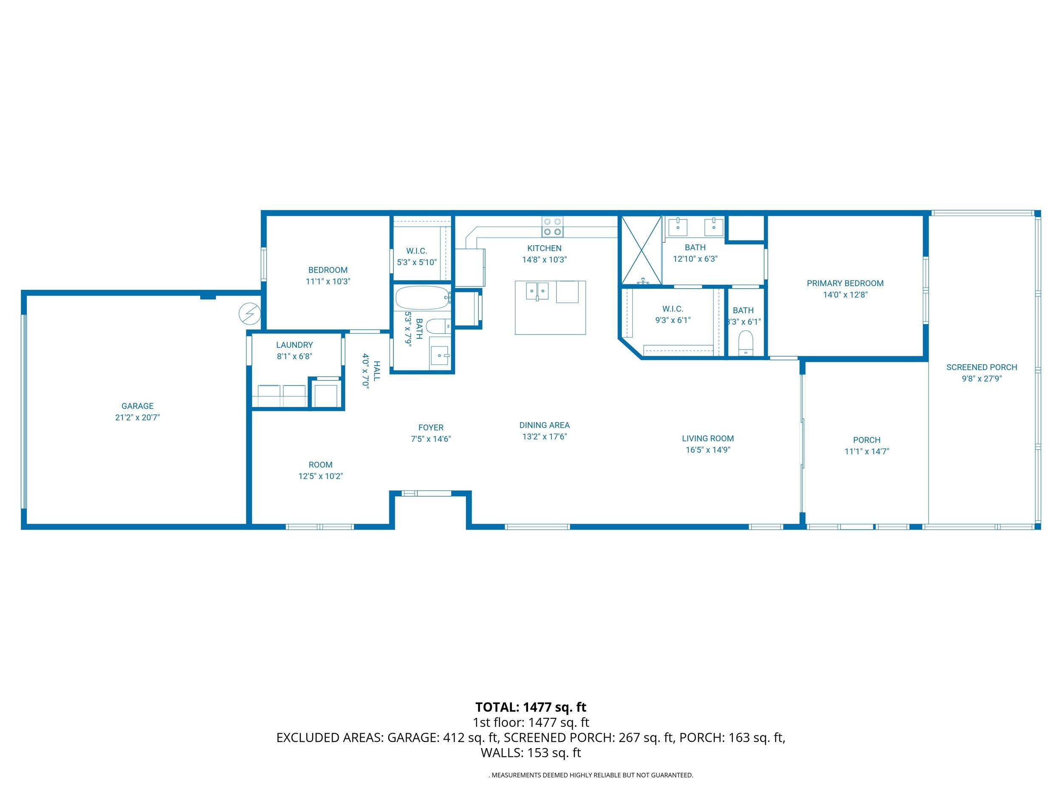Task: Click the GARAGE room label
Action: pos(137,406)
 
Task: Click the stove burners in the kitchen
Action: pos(552,227)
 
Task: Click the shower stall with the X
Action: pos(641,250)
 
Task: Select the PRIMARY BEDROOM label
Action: pos(845,284)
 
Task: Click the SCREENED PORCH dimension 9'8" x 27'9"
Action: pos(981,379)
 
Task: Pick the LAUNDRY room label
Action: pos(294,345)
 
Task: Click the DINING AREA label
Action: pos(545,425)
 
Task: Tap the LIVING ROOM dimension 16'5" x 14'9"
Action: pos(708,450)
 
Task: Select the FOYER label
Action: pos(431,428)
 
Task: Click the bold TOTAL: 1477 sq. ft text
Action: pos(531,707)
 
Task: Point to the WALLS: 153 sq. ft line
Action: pos(531,752)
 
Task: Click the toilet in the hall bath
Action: pos(437,327)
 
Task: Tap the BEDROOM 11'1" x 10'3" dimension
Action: pos(328,281)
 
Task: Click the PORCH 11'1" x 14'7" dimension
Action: pos(867,451)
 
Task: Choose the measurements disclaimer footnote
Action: pos(591,775)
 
